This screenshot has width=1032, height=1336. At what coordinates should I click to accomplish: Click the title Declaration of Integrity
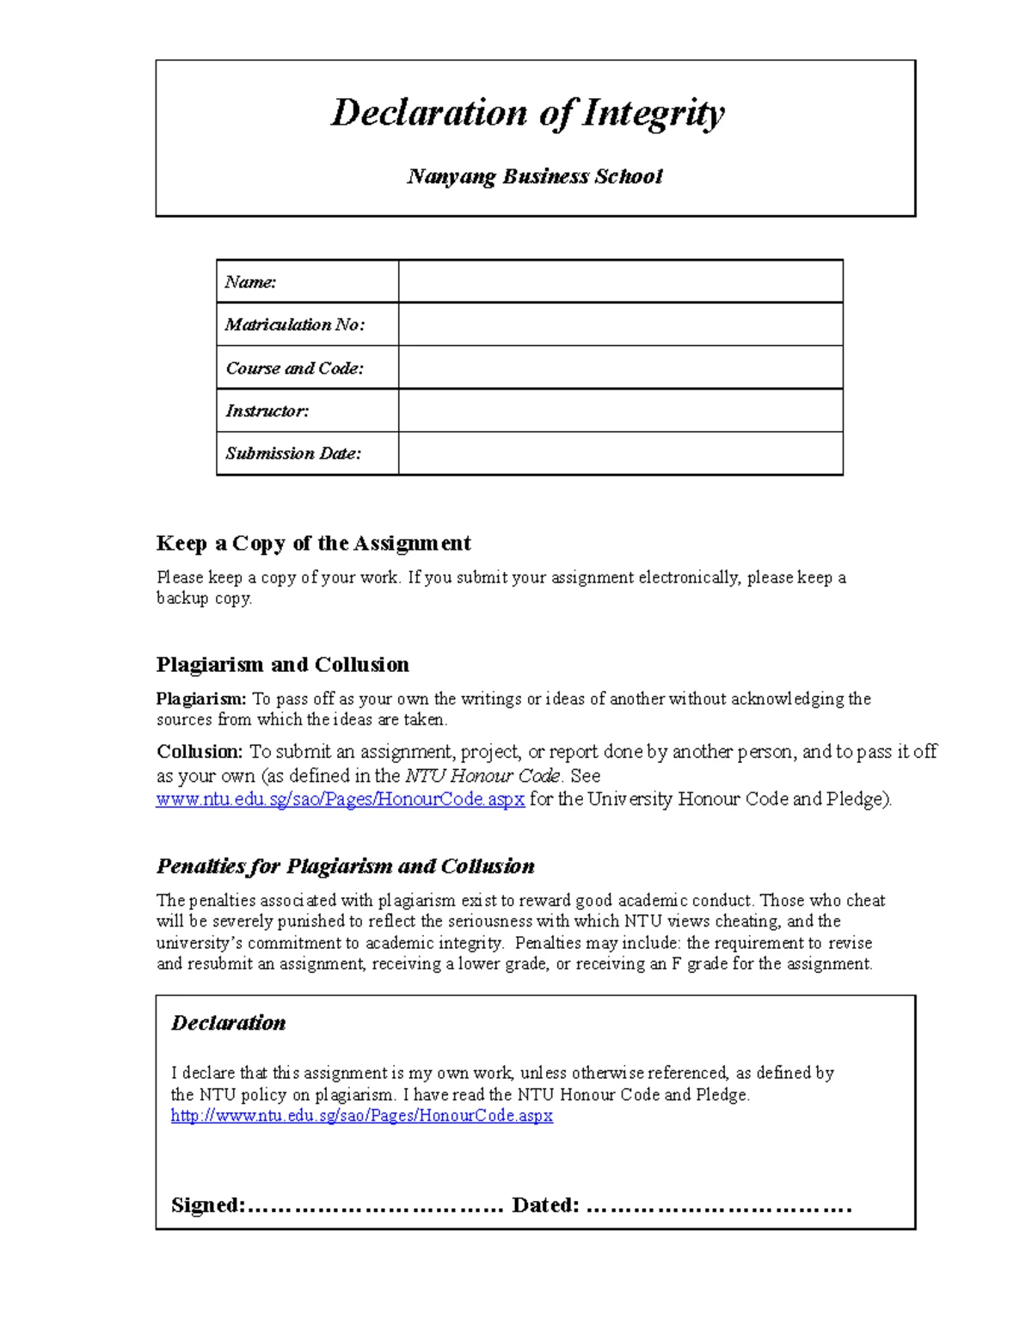(x=528, y=113)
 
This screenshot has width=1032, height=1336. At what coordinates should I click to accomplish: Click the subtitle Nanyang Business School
(x=534, y=176)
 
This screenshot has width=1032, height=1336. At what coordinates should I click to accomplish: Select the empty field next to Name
(x=619, y=281)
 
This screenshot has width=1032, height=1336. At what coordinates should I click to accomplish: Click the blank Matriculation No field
(x=619, y=324)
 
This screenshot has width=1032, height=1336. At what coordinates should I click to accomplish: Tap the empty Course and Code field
(x=619, y=367)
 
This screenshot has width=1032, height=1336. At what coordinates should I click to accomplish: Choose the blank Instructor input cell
(x=619, y=410)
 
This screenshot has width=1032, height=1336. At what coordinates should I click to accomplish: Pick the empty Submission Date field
(x=619, y=453)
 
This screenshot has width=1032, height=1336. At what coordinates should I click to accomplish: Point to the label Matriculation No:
(x=295, y=324)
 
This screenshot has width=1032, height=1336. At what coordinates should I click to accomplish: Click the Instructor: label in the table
(x=267, y=410)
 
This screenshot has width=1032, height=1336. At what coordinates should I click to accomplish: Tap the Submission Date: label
(x=293, y=453)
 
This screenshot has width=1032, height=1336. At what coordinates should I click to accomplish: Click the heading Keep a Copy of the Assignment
(x=313, y=543)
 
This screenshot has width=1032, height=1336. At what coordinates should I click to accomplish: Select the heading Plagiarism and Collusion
(x=282, y=664)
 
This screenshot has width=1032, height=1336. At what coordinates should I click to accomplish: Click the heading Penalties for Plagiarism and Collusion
(x=345, y=865)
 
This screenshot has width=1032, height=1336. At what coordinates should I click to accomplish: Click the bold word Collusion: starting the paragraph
(x=200, y=751)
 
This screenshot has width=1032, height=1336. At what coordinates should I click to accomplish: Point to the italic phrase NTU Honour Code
(x=482, y=775)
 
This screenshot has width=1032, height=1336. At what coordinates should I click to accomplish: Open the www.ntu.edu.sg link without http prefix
(x=340, y=799)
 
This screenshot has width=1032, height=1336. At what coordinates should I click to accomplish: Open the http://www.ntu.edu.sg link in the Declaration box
(x=361, y=1116)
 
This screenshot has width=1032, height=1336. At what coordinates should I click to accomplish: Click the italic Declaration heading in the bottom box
(x=228, y=1023)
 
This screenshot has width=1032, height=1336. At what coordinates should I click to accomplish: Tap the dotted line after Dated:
(x=718, y=1207)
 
